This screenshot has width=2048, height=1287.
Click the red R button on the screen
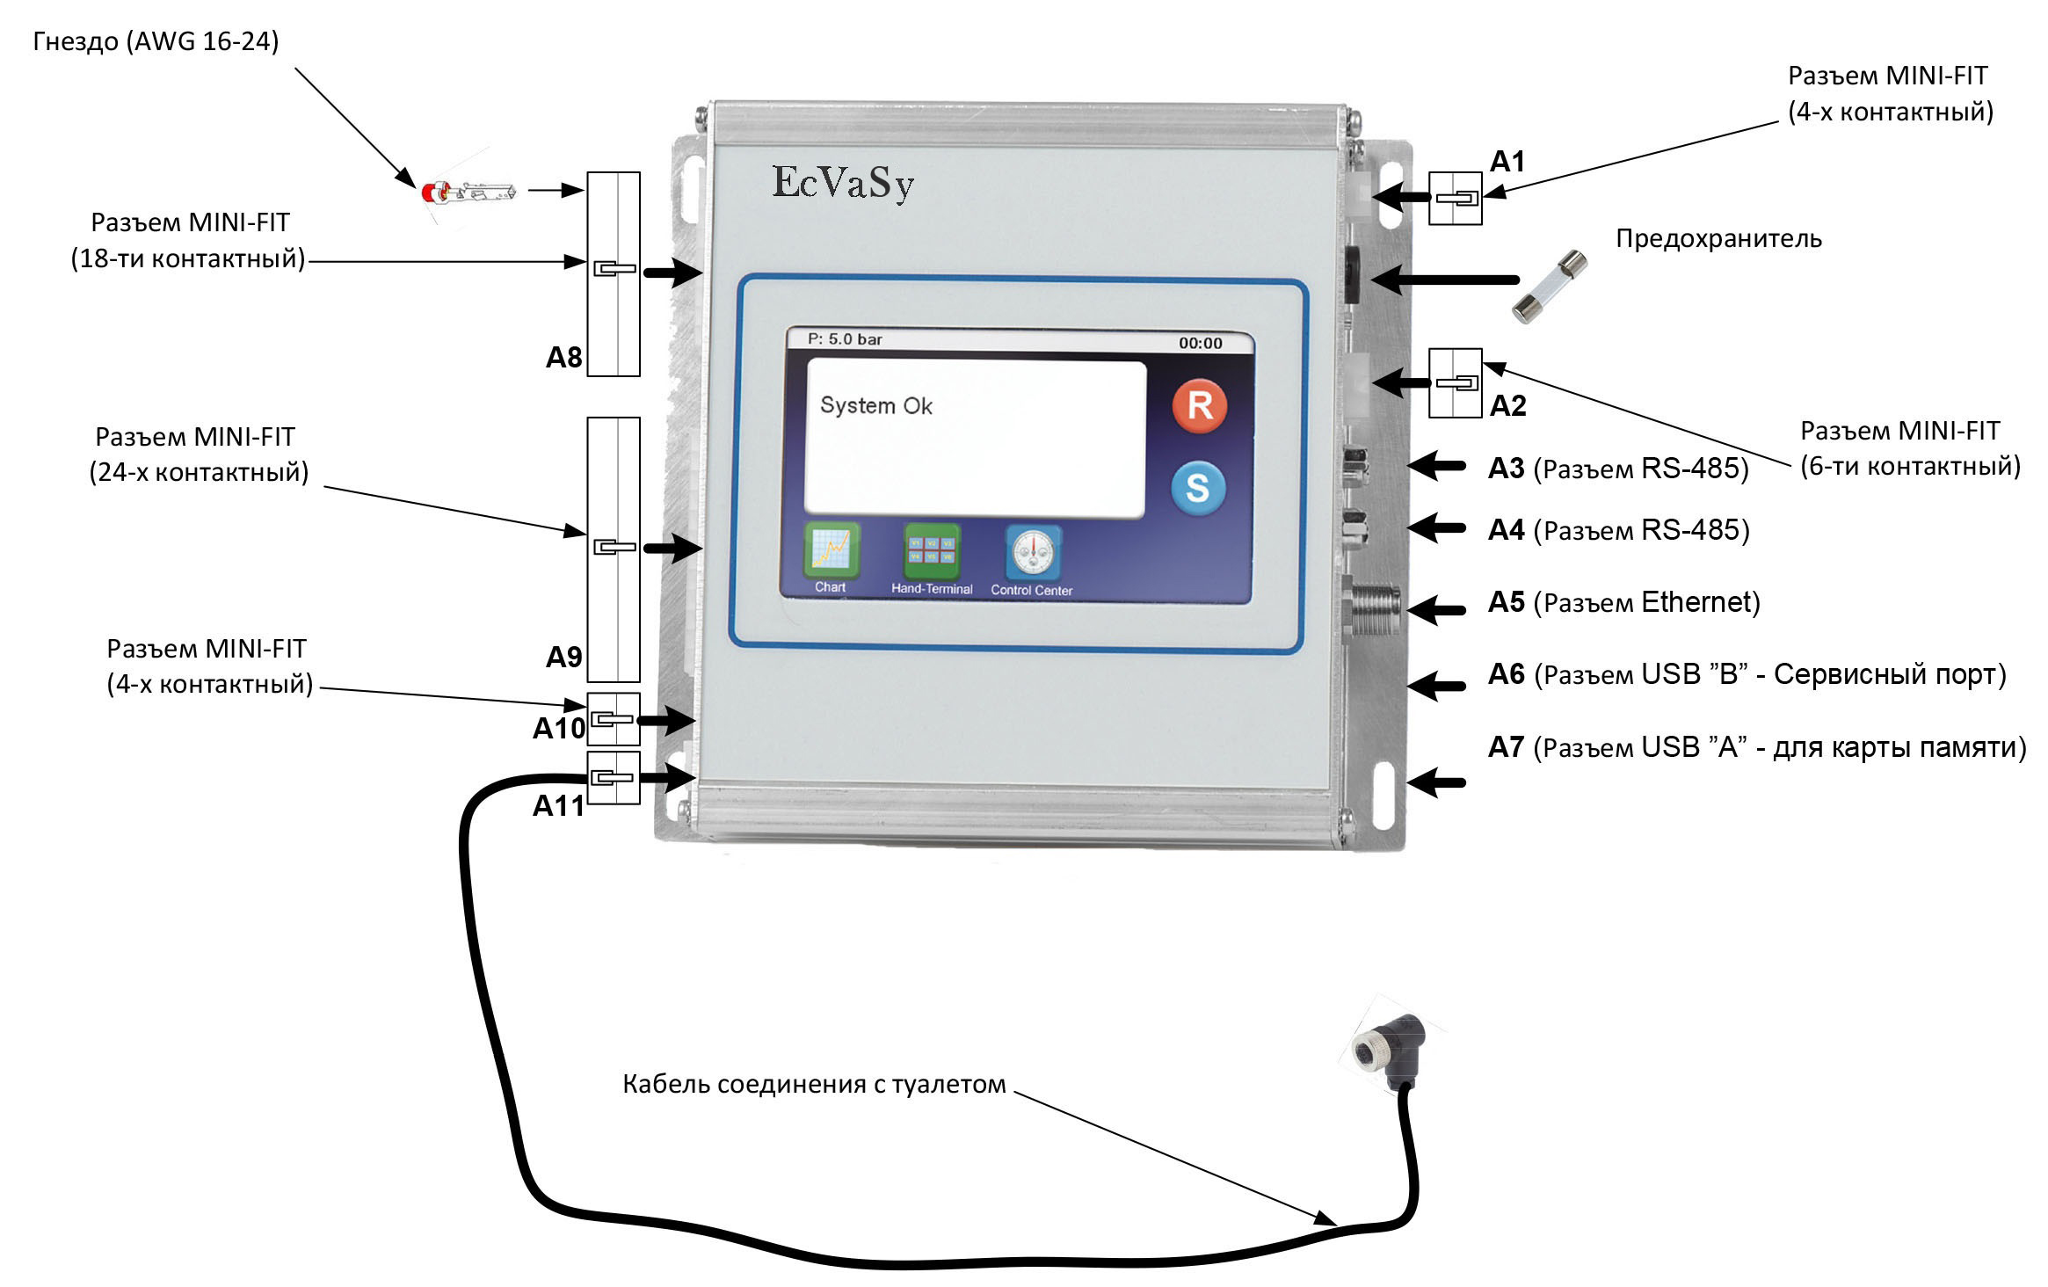click(x=1200, y=405)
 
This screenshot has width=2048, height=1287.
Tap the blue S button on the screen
click(x=1198, y=487)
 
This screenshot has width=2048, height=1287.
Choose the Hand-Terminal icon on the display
click(x=932, y=552)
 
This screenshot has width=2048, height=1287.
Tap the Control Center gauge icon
click(x=1033, y=553)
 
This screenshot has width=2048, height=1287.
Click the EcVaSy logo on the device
click(x=843, y=183)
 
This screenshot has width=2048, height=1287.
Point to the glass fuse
click(x=1550, y=287)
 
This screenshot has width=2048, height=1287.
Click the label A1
click(x=1507, y=162)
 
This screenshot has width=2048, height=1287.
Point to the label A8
click(x=563, y=358)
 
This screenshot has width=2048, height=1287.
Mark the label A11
click(x=558, y=806)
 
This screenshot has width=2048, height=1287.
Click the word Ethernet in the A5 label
click(x=1696, y=602)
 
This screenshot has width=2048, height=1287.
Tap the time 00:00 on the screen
click(x=1200, y=343)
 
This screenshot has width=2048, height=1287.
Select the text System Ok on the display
click(x=875, y=405)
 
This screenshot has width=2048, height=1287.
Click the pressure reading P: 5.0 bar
click(x=845, y=339)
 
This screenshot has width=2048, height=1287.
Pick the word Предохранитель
click(x=1718, y=239)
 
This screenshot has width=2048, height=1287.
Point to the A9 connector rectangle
click(x=614, y=549)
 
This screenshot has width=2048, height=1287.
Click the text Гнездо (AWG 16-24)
click(x=156, y=41)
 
